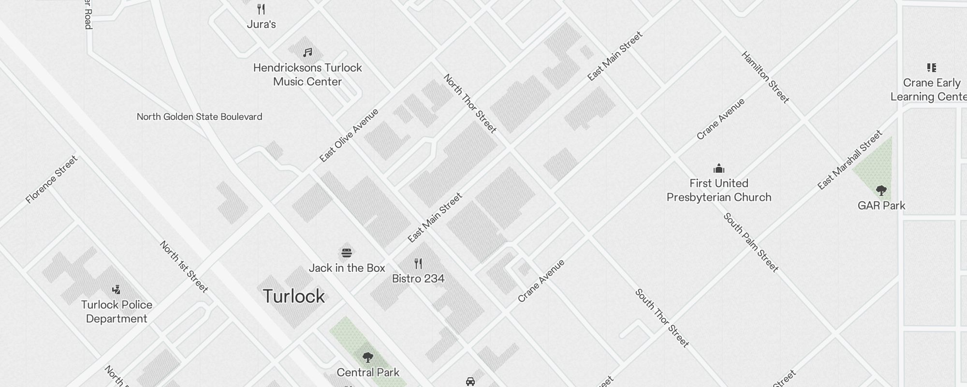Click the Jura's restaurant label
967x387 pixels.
coord(261,24)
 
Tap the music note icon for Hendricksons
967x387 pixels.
coord(308,52)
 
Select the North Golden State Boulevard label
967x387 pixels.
coord(199,117)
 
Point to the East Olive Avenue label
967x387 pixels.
coord(349,135)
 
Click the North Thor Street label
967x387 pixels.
coord(469,104)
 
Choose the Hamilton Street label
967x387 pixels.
coord(765,77)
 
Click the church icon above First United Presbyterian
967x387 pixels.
coord(719,168)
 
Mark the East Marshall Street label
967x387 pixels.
coord(850,160)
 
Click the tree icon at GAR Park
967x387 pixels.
coord(881,191)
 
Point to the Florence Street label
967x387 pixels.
coord(51,179)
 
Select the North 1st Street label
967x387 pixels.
coord(184,267)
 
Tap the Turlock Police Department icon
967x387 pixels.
coord(116,290)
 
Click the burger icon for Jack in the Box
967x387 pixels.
coord(347,253)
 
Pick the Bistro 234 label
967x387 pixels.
coord(418,279)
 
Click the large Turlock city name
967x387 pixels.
coord(293,296)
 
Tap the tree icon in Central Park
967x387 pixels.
coord(367,358)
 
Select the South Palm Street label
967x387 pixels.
coord(750,242)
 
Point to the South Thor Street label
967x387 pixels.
coord(661,318)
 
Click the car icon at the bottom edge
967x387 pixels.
coord(470,382)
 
